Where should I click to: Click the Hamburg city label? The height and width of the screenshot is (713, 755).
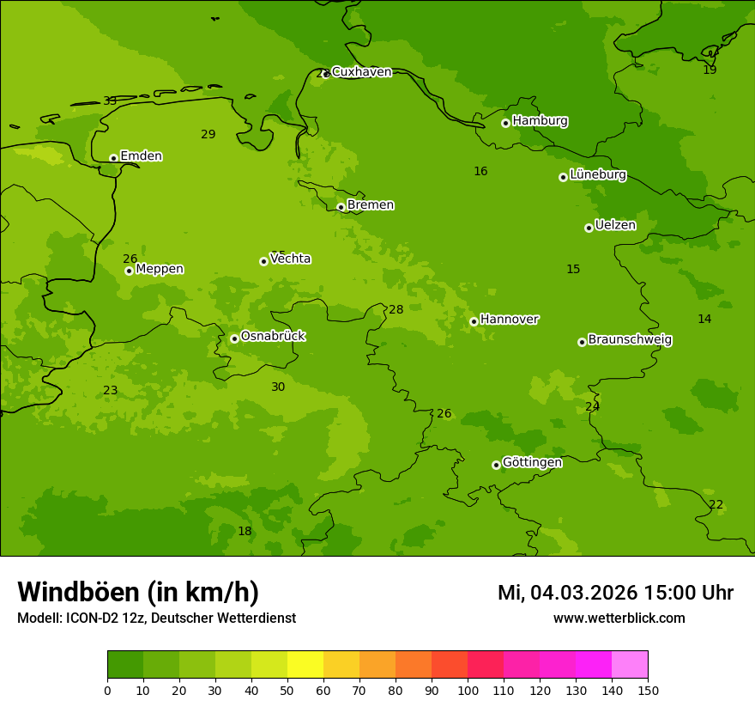(x=540, y=121)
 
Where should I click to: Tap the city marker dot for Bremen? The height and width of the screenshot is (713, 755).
(x=341, y=207)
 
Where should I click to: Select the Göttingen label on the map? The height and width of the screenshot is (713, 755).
(x=532, y=463)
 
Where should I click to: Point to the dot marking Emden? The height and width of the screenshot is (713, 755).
(x=113, y=158)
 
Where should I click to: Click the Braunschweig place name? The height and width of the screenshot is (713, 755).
(x=630, y=340)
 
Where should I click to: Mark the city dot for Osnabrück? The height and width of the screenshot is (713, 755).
(x=234, y=338)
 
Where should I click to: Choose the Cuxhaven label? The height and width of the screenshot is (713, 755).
(x=361, y=72)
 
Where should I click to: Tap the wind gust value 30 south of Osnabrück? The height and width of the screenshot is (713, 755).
(x=278, y=387)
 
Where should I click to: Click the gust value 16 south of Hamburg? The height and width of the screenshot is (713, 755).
(x=480, y=172)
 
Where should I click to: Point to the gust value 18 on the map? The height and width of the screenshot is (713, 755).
(x=245, y=532)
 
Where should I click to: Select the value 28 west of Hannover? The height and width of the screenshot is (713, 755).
(x=396, y=310)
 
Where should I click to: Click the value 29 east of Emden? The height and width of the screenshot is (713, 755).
(x=208, y=135)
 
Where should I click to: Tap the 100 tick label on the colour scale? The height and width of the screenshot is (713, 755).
(x=468, y=691)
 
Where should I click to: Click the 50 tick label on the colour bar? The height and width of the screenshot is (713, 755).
(x=287, y=691)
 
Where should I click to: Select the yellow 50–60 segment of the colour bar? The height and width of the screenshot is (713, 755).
(x=305, y=665)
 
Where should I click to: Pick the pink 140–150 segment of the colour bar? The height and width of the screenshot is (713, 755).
(x=630, y=665)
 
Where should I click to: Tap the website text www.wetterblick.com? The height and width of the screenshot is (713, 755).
(x=619, y=619)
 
